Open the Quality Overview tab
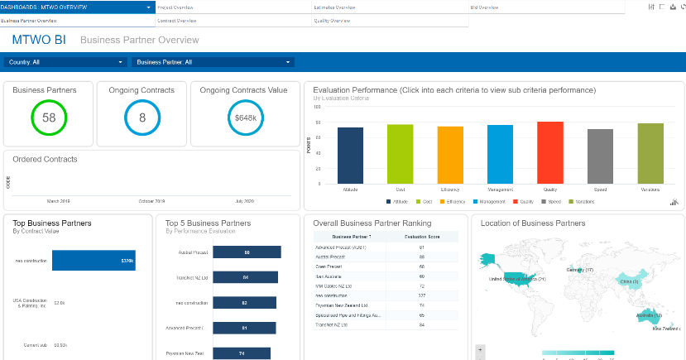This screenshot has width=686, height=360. point(332,20)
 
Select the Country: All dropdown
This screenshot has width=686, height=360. point(65,62)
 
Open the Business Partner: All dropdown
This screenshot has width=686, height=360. point(213,62)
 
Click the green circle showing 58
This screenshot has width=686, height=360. point(49,118)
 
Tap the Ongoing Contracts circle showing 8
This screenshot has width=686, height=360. point(142,118)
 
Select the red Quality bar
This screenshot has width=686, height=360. point(550,152)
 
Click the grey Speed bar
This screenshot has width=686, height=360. point(600,156)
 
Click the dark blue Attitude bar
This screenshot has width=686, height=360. point(351,156)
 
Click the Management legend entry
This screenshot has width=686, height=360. point(490,201)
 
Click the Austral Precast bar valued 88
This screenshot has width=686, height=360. point(247,252)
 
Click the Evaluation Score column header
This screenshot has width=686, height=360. point(421,237)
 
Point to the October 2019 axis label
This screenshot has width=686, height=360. point(151,201)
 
